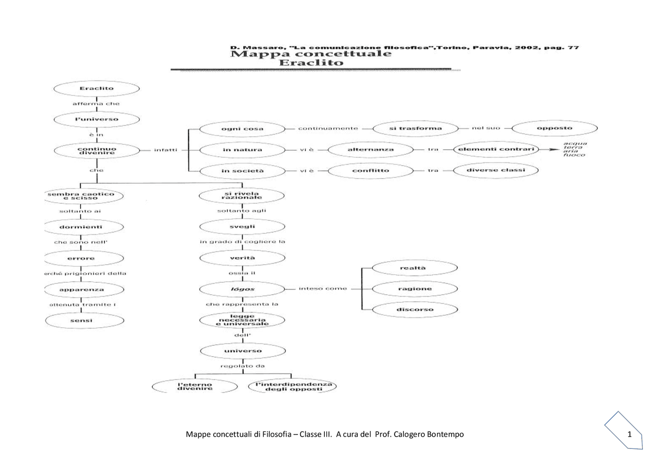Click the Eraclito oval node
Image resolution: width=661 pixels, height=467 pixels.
97,89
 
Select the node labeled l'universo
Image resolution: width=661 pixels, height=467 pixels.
97,119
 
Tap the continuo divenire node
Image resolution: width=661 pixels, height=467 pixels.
97,150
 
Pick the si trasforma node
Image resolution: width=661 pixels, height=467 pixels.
415,128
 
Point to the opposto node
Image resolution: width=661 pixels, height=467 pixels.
555,128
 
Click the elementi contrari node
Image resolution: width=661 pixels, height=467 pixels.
495,149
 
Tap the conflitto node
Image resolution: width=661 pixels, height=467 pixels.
370,170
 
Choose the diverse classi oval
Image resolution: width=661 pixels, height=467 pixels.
495,170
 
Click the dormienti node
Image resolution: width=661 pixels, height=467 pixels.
85,227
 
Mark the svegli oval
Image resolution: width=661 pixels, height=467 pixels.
242,227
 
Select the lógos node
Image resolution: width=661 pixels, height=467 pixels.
242,289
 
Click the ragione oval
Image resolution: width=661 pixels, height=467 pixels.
415,288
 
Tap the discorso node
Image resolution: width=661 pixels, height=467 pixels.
415,310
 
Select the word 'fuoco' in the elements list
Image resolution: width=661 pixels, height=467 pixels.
574,155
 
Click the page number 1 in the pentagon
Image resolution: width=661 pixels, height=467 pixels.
629,434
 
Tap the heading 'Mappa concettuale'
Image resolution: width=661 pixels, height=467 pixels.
310,54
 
